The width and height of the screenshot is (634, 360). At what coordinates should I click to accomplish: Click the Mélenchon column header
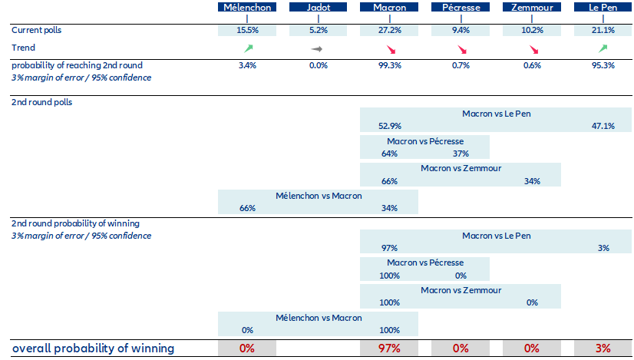coord(247,8)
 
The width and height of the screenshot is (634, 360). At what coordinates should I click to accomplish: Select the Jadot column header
coord(318,8)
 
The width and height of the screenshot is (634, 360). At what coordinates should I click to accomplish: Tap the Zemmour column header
coord(531,8)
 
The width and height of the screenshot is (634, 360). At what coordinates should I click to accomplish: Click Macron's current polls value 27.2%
coord(389,30)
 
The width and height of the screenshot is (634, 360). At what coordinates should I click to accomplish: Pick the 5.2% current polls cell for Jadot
coord(318,30)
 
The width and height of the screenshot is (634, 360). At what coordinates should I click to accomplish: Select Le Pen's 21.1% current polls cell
coord(603,30)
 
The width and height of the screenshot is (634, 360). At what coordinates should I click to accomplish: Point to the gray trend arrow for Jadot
coord(318,48)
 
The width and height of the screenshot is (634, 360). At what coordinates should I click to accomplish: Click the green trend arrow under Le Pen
coord(603,48)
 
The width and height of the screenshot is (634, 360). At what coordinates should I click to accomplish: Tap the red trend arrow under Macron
coord(390,49)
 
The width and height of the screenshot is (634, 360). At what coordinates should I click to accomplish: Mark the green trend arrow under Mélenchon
coord(247,48)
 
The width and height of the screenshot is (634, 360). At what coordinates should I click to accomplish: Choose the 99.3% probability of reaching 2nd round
coord(389,65)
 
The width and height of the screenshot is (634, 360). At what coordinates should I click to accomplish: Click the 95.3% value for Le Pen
coord(603,65)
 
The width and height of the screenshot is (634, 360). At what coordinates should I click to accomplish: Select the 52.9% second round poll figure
coord(389,126)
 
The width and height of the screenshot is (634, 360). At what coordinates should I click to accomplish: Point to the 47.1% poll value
coord(603,126)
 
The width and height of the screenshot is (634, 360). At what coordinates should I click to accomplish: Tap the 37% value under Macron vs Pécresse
coord(461,154)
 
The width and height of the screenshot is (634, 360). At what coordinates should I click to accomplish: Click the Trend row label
coord(23,48)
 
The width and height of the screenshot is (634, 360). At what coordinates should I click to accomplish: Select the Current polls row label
coord(37,30)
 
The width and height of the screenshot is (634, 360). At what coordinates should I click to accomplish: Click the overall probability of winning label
coord(93,348)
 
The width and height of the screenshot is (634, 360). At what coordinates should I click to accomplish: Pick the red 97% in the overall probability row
coord(389,348)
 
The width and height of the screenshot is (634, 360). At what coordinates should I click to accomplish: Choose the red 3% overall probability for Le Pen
coord(603,348)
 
